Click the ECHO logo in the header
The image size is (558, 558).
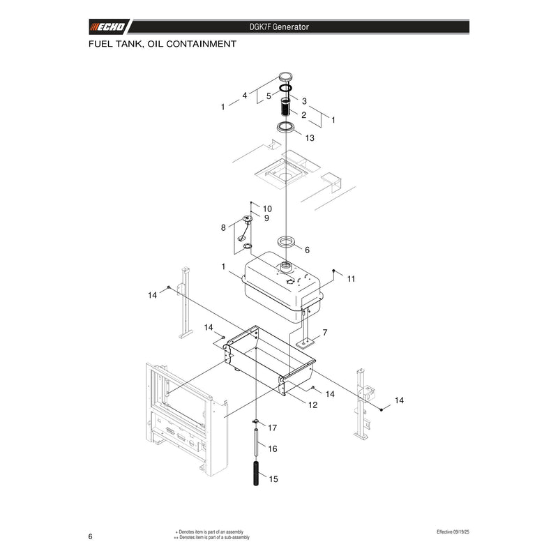tap(107, 27)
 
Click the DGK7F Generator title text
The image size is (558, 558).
tap(279, 27)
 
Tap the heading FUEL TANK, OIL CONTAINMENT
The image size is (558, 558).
tap(163, 44)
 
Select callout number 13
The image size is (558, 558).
tap(310, 137)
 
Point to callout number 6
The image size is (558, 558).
tap(307, 250)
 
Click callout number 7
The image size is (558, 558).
tap(325, 333)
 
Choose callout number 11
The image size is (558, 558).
tap(352, 279)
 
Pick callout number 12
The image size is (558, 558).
tap(312, 405)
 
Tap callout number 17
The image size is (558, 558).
tap(273, 428)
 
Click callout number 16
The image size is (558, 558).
tap(273, 448)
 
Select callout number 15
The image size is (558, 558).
tap(273, 479)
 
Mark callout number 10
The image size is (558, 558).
tap(267, 209)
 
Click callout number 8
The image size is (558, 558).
tap(223, 228)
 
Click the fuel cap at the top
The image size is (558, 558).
tap(285, 76)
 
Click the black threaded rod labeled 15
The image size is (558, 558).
tap(256, 474)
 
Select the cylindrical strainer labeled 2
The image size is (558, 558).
tap(285, 107)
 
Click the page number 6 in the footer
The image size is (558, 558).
tap(91, 536)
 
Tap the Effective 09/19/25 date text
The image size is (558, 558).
tap(453, 532)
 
